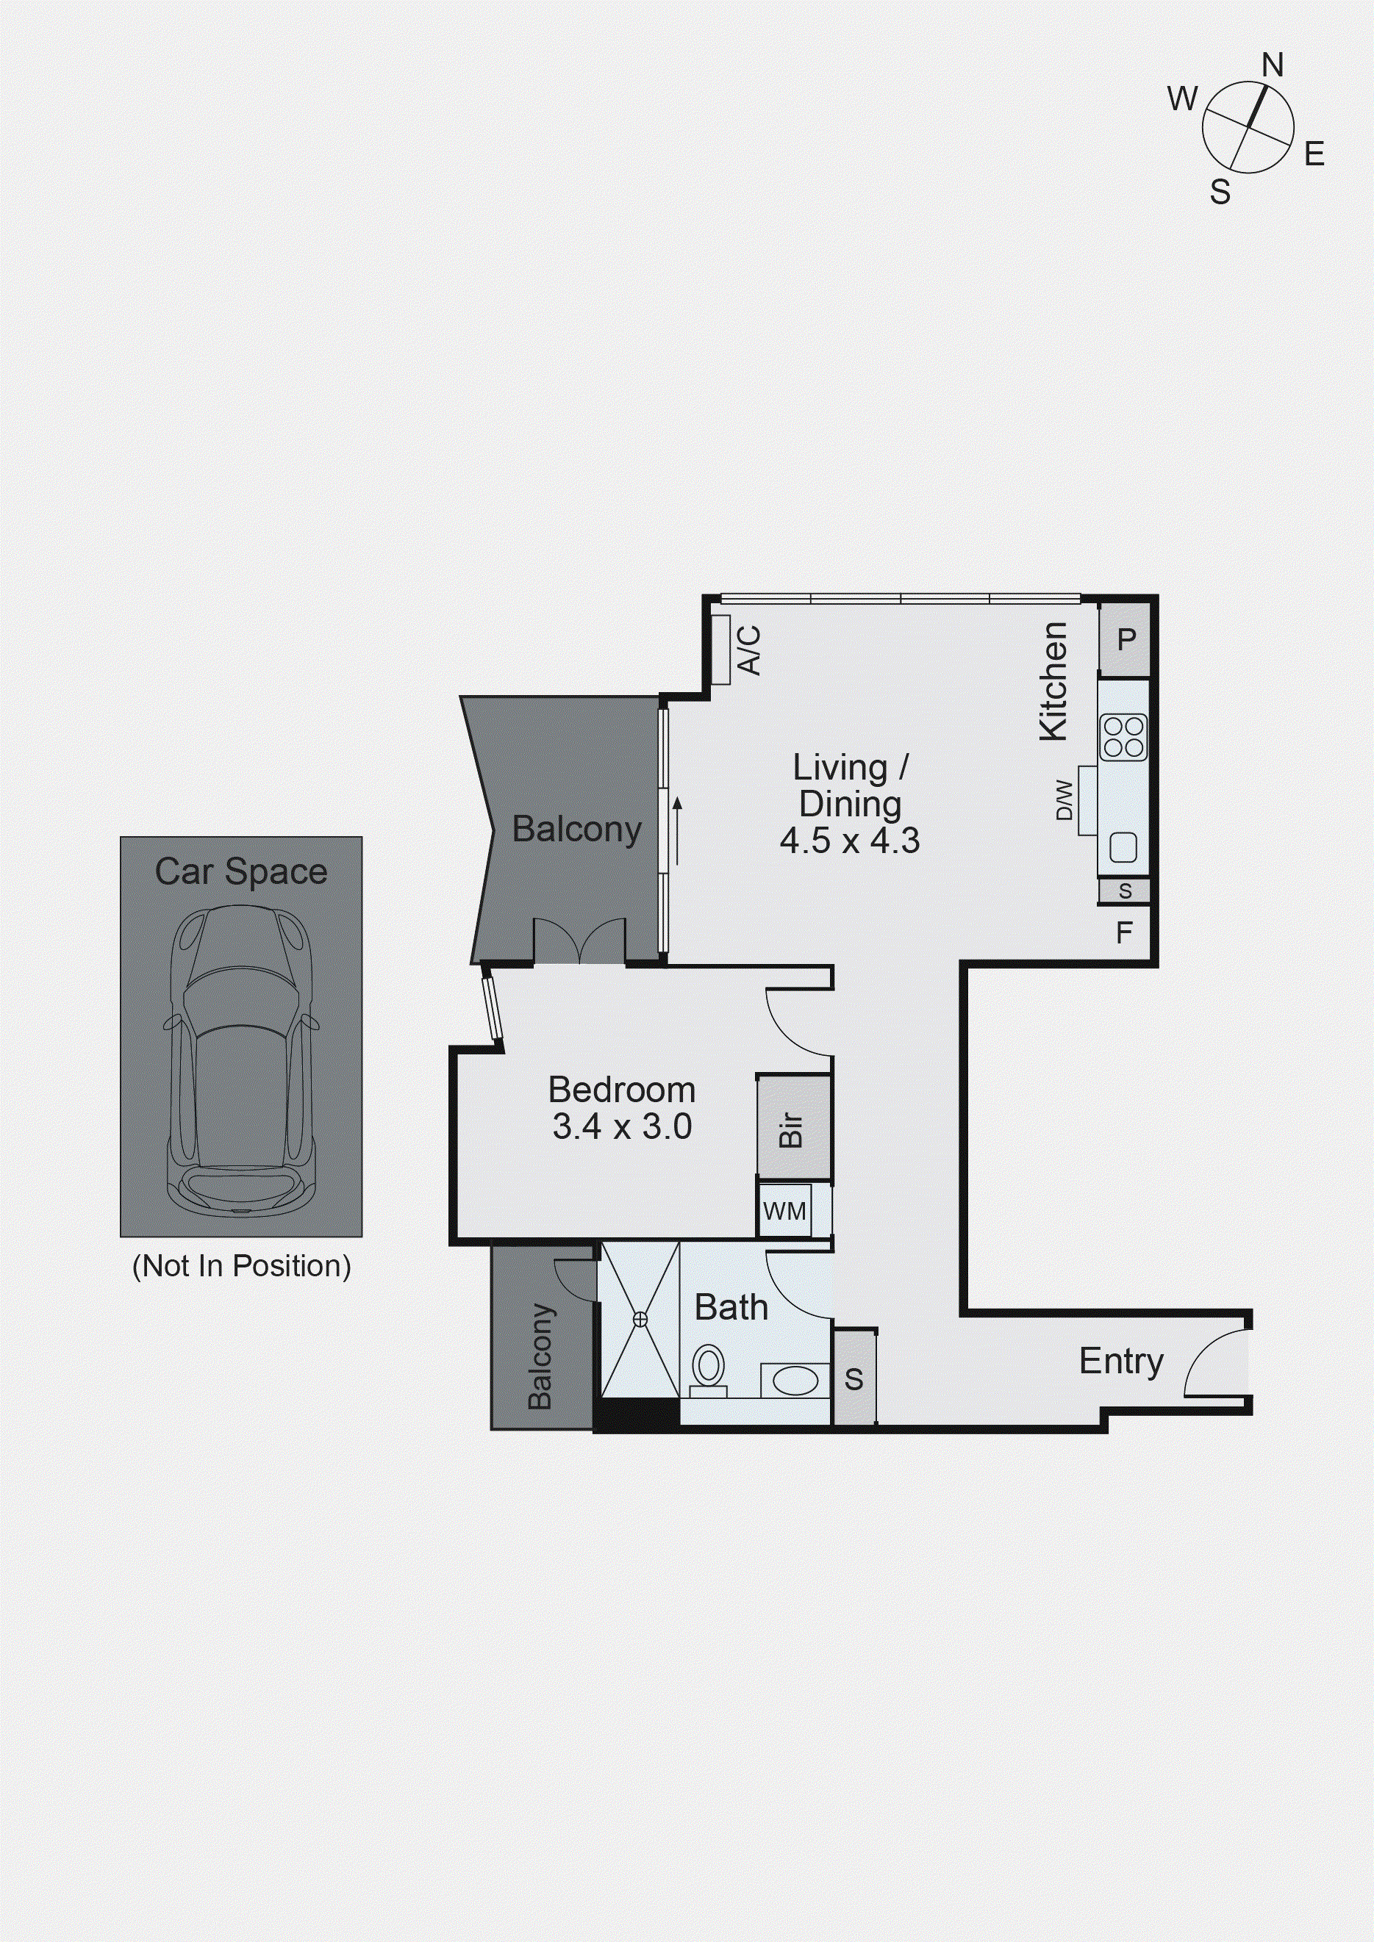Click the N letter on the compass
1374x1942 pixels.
[1272, 65]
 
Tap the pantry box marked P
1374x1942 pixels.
[1126, 639]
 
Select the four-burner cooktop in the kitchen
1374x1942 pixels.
[1123, 737]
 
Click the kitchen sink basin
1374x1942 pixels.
[1123, 846]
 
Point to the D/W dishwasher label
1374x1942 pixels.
[1065, 800]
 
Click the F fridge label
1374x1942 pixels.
[1123, 933]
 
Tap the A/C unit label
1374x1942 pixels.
[750, 650]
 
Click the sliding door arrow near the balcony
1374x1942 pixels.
[677, 829]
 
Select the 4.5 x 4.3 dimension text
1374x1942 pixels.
[849, 841]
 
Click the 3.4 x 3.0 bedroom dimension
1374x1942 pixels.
[622, 1126]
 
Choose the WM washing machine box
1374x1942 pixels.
[784, 1211]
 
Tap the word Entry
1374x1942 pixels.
[1121, 1361]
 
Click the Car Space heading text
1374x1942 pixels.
[241, 872]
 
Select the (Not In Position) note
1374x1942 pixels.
[241, 1266]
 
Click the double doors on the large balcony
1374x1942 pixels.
[579, 943]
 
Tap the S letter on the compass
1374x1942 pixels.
[1219, 193]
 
